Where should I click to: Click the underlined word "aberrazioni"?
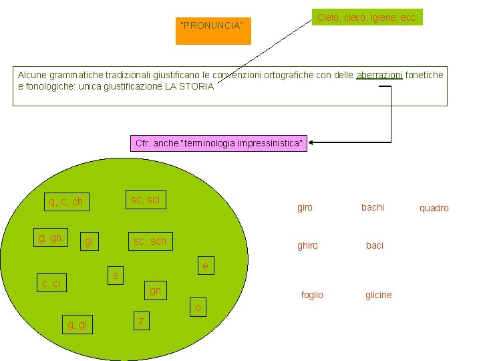pos(379,75)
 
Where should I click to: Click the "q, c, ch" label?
pos(66,202)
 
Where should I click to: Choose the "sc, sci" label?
pos(146,199)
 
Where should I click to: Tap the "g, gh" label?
pos(51,237)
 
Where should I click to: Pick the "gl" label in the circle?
pos(90,241)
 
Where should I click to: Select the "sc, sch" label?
pos(150,241)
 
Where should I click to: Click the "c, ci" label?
pos(51,283)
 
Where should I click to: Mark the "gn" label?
pos(155,291)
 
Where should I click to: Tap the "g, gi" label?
pos(77,325)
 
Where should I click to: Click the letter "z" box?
pos(141,321)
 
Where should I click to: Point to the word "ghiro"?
pos(307,245)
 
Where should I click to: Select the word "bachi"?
pos(373,207)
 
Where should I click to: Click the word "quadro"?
pos(434,208)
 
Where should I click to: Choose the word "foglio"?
pos(312,295)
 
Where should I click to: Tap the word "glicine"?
pos(379,295)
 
